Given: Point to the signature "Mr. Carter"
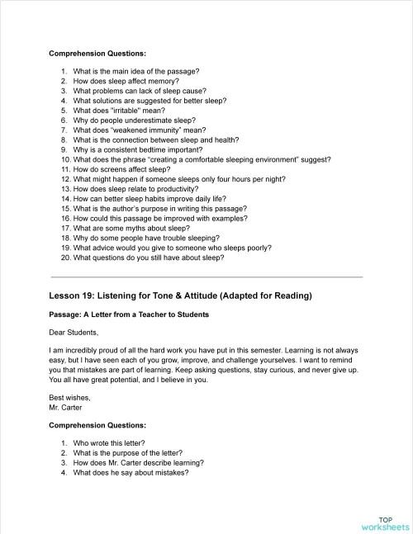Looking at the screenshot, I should point(66,407).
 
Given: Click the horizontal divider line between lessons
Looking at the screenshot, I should point(206,276).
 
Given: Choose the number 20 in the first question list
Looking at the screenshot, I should point(65,257).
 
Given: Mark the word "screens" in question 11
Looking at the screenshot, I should point(117,168).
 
